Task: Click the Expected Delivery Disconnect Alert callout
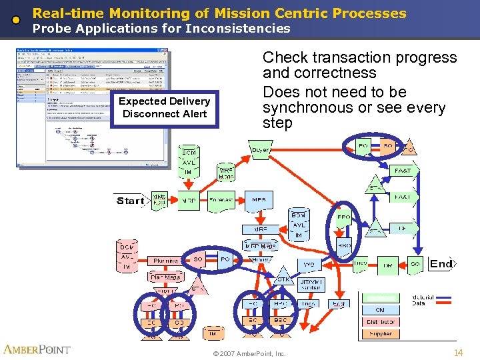coord(164,107)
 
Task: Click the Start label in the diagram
coord(130,200)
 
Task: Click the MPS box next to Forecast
coord(259,200)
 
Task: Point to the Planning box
coord(165,261)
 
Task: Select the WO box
coord(309,265)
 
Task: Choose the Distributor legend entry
coord(381,321)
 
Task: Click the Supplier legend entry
coord(381,333)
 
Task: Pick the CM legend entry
coord(381,309)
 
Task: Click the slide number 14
coord(457,352)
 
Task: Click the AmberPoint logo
coord(37,350)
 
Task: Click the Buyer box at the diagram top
coord(261,150)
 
